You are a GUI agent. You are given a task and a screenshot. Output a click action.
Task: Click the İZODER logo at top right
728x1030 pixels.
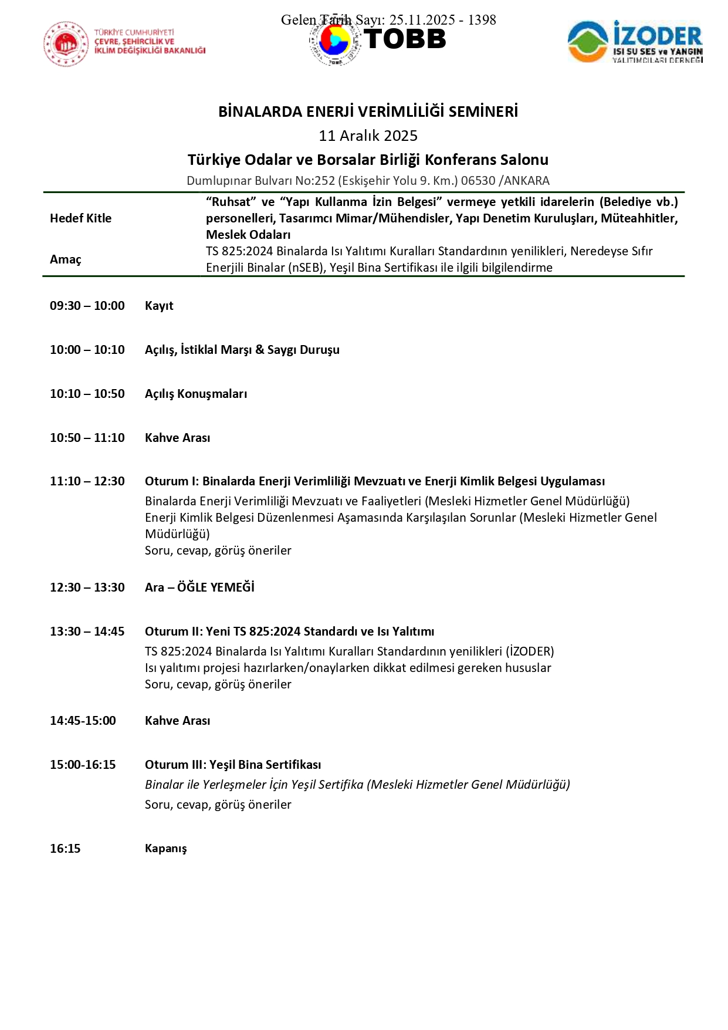[635, 42]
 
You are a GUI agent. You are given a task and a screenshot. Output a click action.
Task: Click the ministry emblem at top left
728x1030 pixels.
[65, 44]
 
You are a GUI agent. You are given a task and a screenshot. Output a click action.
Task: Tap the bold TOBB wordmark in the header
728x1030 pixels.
[405, 39]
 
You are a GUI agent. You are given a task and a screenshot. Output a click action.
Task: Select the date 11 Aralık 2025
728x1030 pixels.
[368, 136]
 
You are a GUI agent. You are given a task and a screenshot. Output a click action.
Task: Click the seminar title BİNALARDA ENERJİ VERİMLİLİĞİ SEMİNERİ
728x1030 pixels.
[368, 112]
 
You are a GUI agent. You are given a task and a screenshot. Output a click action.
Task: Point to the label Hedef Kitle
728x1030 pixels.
[80, 218]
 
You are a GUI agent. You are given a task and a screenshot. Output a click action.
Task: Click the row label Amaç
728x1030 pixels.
[66, 259]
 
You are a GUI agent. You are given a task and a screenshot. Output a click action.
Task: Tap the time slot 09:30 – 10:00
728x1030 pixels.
[87, 306]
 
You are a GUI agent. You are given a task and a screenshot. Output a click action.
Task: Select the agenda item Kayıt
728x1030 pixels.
[159, 306]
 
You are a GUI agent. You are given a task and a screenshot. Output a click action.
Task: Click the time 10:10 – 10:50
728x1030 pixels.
[87, 394]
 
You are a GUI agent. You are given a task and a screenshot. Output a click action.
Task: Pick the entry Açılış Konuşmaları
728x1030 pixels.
[196, 394]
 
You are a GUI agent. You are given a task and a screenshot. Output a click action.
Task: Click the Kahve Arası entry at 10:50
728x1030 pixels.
[177, 438]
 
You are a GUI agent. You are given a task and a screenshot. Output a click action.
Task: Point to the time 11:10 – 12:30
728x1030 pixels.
[87, 481]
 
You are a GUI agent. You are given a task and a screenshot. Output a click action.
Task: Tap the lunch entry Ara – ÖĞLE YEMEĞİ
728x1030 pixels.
[199, 587]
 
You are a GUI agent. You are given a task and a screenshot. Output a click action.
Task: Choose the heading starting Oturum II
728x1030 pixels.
[289, 631]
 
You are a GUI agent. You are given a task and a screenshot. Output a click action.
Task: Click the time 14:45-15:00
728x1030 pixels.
[83, 721]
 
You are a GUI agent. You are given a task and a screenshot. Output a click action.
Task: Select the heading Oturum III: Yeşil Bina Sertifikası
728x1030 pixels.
[233, 765]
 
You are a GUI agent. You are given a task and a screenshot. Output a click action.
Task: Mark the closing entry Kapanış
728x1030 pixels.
[165, 849]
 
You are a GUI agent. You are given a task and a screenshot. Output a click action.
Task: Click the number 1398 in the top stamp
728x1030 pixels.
[482, 20]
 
